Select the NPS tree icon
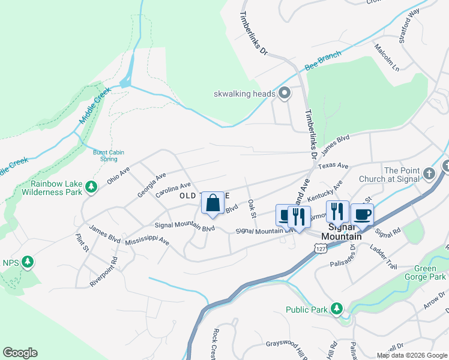(x=27, y=262)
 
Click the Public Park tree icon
(x=337, y=309)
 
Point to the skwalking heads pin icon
(x=285, y=93)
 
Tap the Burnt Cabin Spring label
(x=109, y=156)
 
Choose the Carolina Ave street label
(x=173, y=190)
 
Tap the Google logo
(x=20, y=353)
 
